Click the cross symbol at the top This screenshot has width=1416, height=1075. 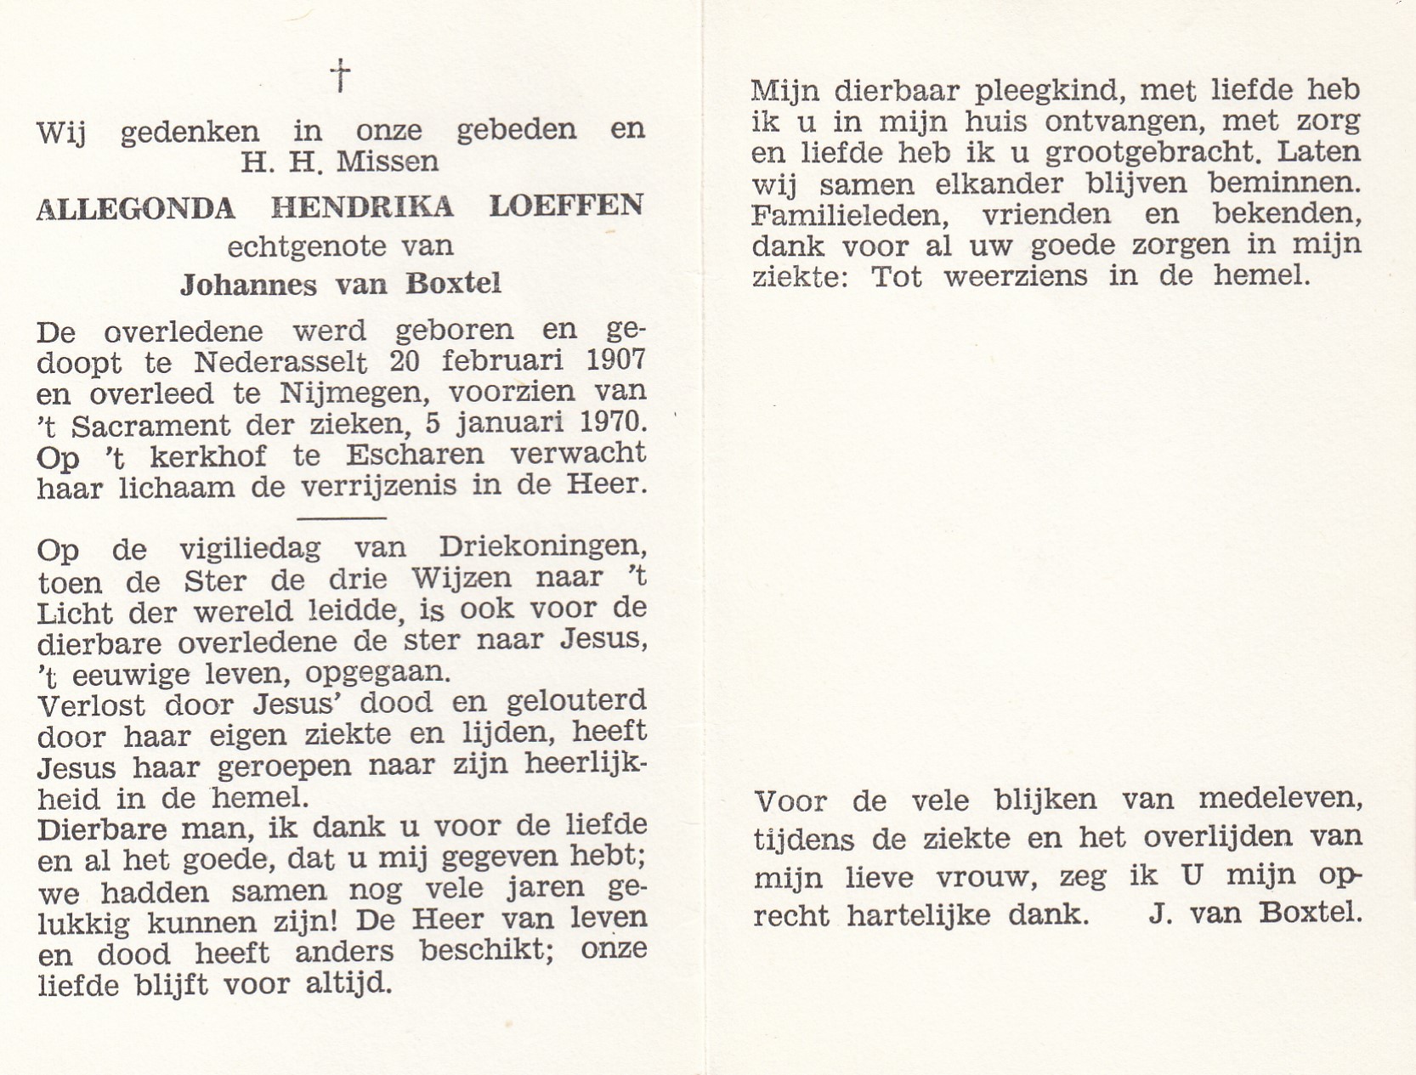pyautogui.click(x=340, y=76)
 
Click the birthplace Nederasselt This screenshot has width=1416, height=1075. pyautogui.click(x=280, y=363)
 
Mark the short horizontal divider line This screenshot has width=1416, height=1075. pyautogui.click(x=342, y=518)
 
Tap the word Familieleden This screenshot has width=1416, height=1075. pyautogui.click(x=847, y=214)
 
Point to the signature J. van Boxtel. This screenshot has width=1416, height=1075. pyautogui.click(x=1255, y=914)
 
